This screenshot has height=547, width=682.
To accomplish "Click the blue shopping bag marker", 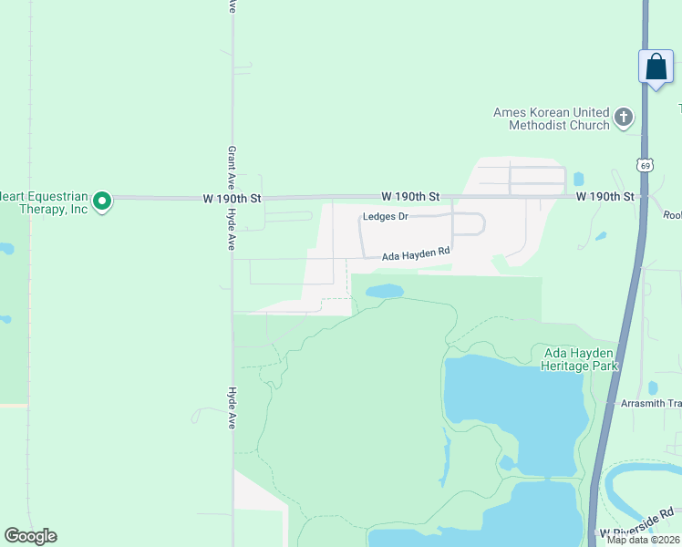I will coord(656,67).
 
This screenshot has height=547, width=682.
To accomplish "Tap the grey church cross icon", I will coord(624,117).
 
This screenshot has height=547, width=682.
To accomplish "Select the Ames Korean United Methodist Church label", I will coord(552,119).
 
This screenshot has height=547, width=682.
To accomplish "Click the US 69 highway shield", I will coord(645,165).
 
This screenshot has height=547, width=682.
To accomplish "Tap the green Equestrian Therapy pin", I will coord(102,200).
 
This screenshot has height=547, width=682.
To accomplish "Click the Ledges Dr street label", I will coord(385,217).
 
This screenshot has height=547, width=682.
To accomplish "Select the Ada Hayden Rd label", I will coord(416,255).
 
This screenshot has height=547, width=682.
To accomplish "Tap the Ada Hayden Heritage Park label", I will coord(580,359).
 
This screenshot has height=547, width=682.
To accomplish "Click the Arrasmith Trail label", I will coord(650,403).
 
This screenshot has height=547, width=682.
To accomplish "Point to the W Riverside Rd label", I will coord(637,524).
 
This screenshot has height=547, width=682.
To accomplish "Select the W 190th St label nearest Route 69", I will coord(604,197).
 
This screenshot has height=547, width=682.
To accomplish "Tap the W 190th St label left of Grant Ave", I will coord(232,198).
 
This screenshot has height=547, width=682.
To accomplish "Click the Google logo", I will coord(30,536).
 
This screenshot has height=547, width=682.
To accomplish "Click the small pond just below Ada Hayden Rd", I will coord(384,291).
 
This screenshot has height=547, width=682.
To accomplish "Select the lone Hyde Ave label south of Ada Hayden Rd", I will coord(232,408).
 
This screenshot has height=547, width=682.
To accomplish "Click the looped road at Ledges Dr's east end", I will coord(469,223).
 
